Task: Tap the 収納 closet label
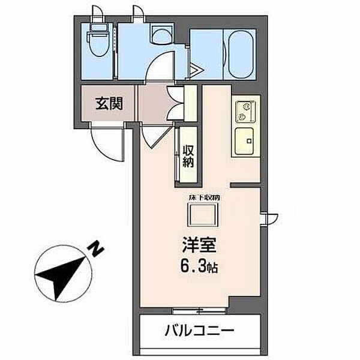point(188,155)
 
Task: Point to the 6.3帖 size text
point(199,266)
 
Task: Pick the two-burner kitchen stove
point(245,111)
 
